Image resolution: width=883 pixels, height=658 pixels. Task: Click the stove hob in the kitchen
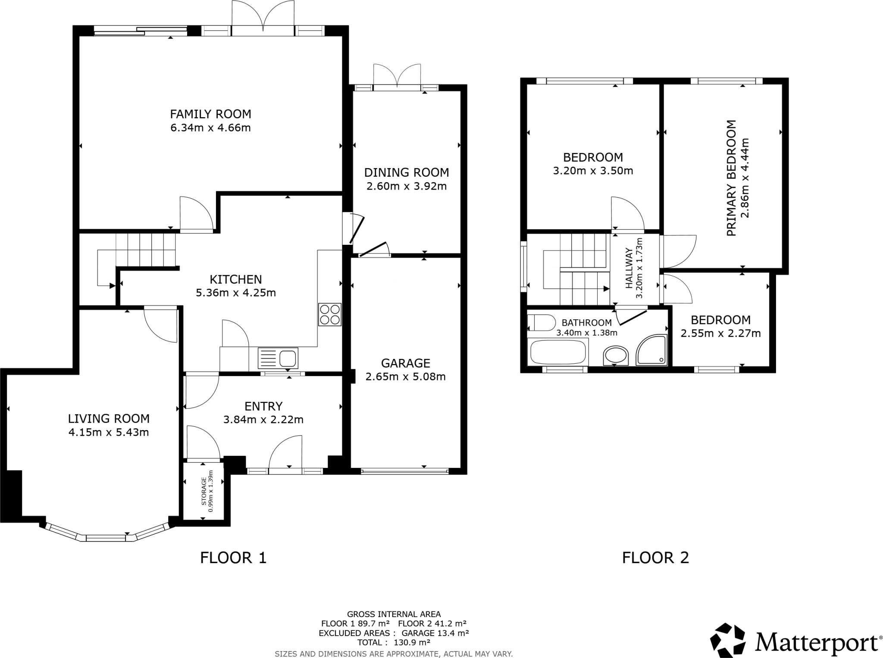[330, 315]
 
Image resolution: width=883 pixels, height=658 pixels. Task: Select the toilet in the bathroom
[542, 323]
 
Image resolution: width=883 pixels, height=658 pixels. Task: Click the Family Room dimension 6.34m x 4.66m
[210, 128]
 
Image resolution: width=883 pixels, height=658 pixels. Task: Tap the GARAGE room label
[405, 363]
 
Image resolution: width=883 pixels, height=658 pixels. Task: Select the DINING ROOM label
[407, 172]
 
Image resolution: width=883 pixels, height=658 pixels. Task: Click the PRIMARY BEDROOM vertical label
[731, 178]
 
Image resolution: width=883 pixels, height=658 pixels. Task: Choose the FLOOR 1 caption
[233, 558]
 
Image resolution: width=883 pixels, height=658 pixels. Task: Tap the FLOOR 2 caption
[655, 558]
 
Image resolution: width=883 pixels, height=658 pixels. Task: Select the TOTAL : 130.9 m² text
[394, 642]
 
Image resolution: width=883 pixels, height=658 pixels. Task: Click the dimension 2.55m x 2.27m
[720, 334]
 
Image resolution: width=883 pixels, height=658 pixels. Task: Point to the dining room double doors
[397, 78]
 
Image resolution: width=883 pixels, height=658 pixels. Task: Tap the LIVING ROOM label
[109, 418]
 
